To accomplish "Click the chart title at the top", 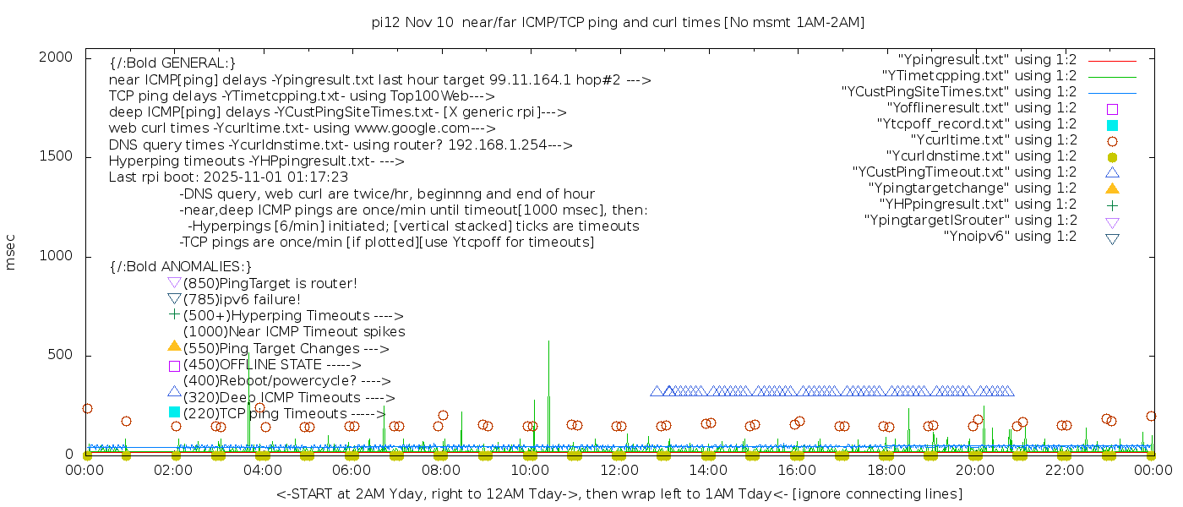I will [618, 22].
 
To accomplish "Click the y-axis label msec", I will [11, 253].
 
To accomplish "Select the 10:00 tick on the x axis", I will [530, 470].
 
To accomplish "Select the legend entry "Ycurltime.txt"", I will [993, 140].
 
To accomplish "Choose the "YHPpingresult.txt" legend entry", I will [978, 204].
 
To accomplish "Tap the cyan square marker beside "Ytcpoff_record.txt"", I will [1112, 125].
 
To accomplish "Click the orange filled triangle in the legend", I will [1112, 188].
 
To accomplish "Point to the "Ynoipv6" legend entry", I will [1010, 237].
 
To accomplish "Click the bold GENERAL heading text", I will [172, 63].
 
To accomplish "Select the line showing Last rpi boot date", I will [228, 177].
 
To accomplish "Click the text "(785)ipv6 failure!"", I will [242, 300].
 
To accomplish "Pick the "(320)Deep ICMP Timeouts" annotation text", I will [288, 397].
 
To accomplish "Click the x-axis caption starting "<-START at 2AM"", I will [619, 493].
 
